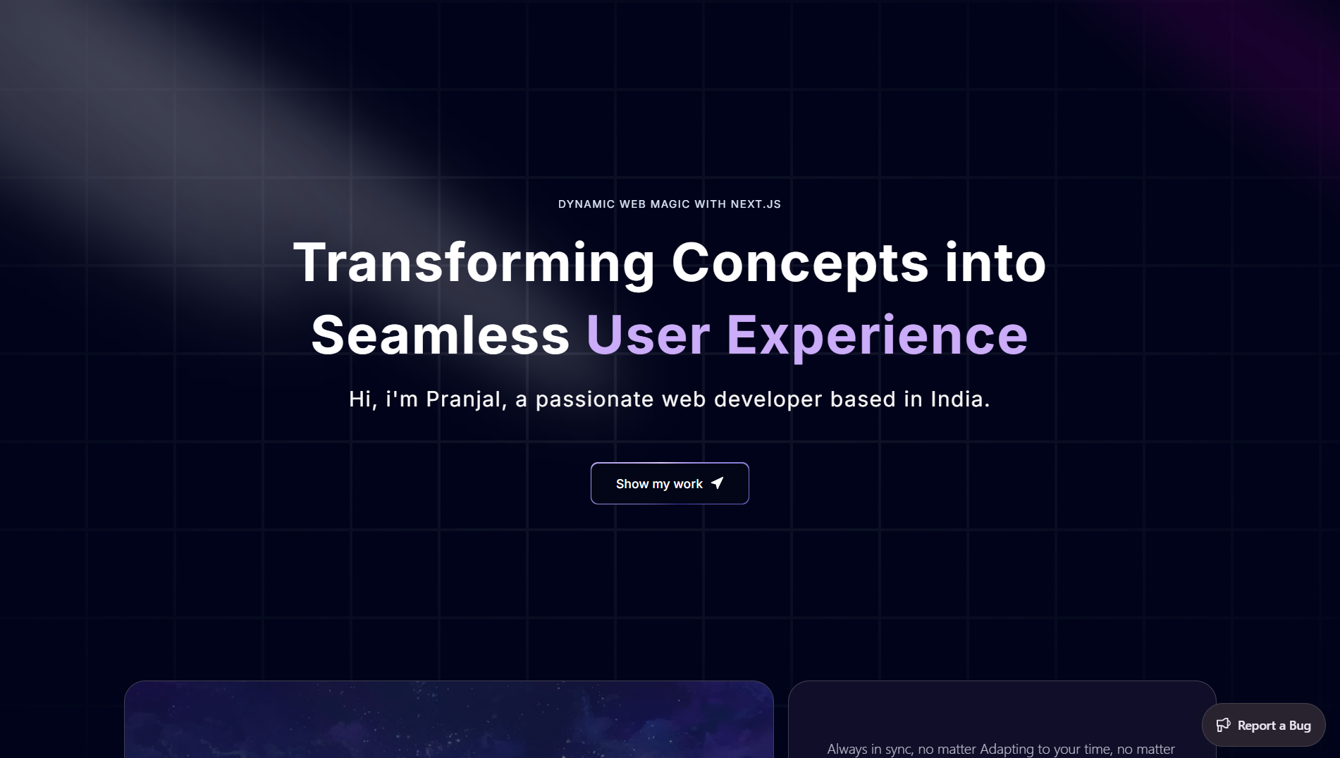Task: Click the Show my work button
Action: [670, 483]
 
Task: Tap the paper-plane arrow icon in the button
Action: [718, 483]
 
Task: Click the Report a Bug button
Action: [1263, 725]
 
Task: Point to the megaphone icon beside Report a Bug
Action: [1224, 725]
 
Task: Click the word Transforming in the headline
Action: [474, 262]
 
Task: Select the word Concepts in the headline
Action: [800, 262]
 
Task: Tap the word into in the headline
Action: [995, 262]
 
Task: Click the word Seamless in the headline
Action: [441, 335]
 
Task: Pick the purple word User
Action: [648, 335]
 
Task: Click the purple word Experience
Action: [877, 337]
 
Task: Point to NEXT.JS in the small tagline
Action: [756, 204]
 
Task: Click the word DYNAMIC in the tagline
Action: [586, 204]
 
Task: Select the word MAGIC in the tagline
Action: [670, 204]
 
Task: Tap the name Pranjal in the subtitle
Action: [466, 399]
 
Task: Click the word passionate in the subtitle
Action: [595, 400]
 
